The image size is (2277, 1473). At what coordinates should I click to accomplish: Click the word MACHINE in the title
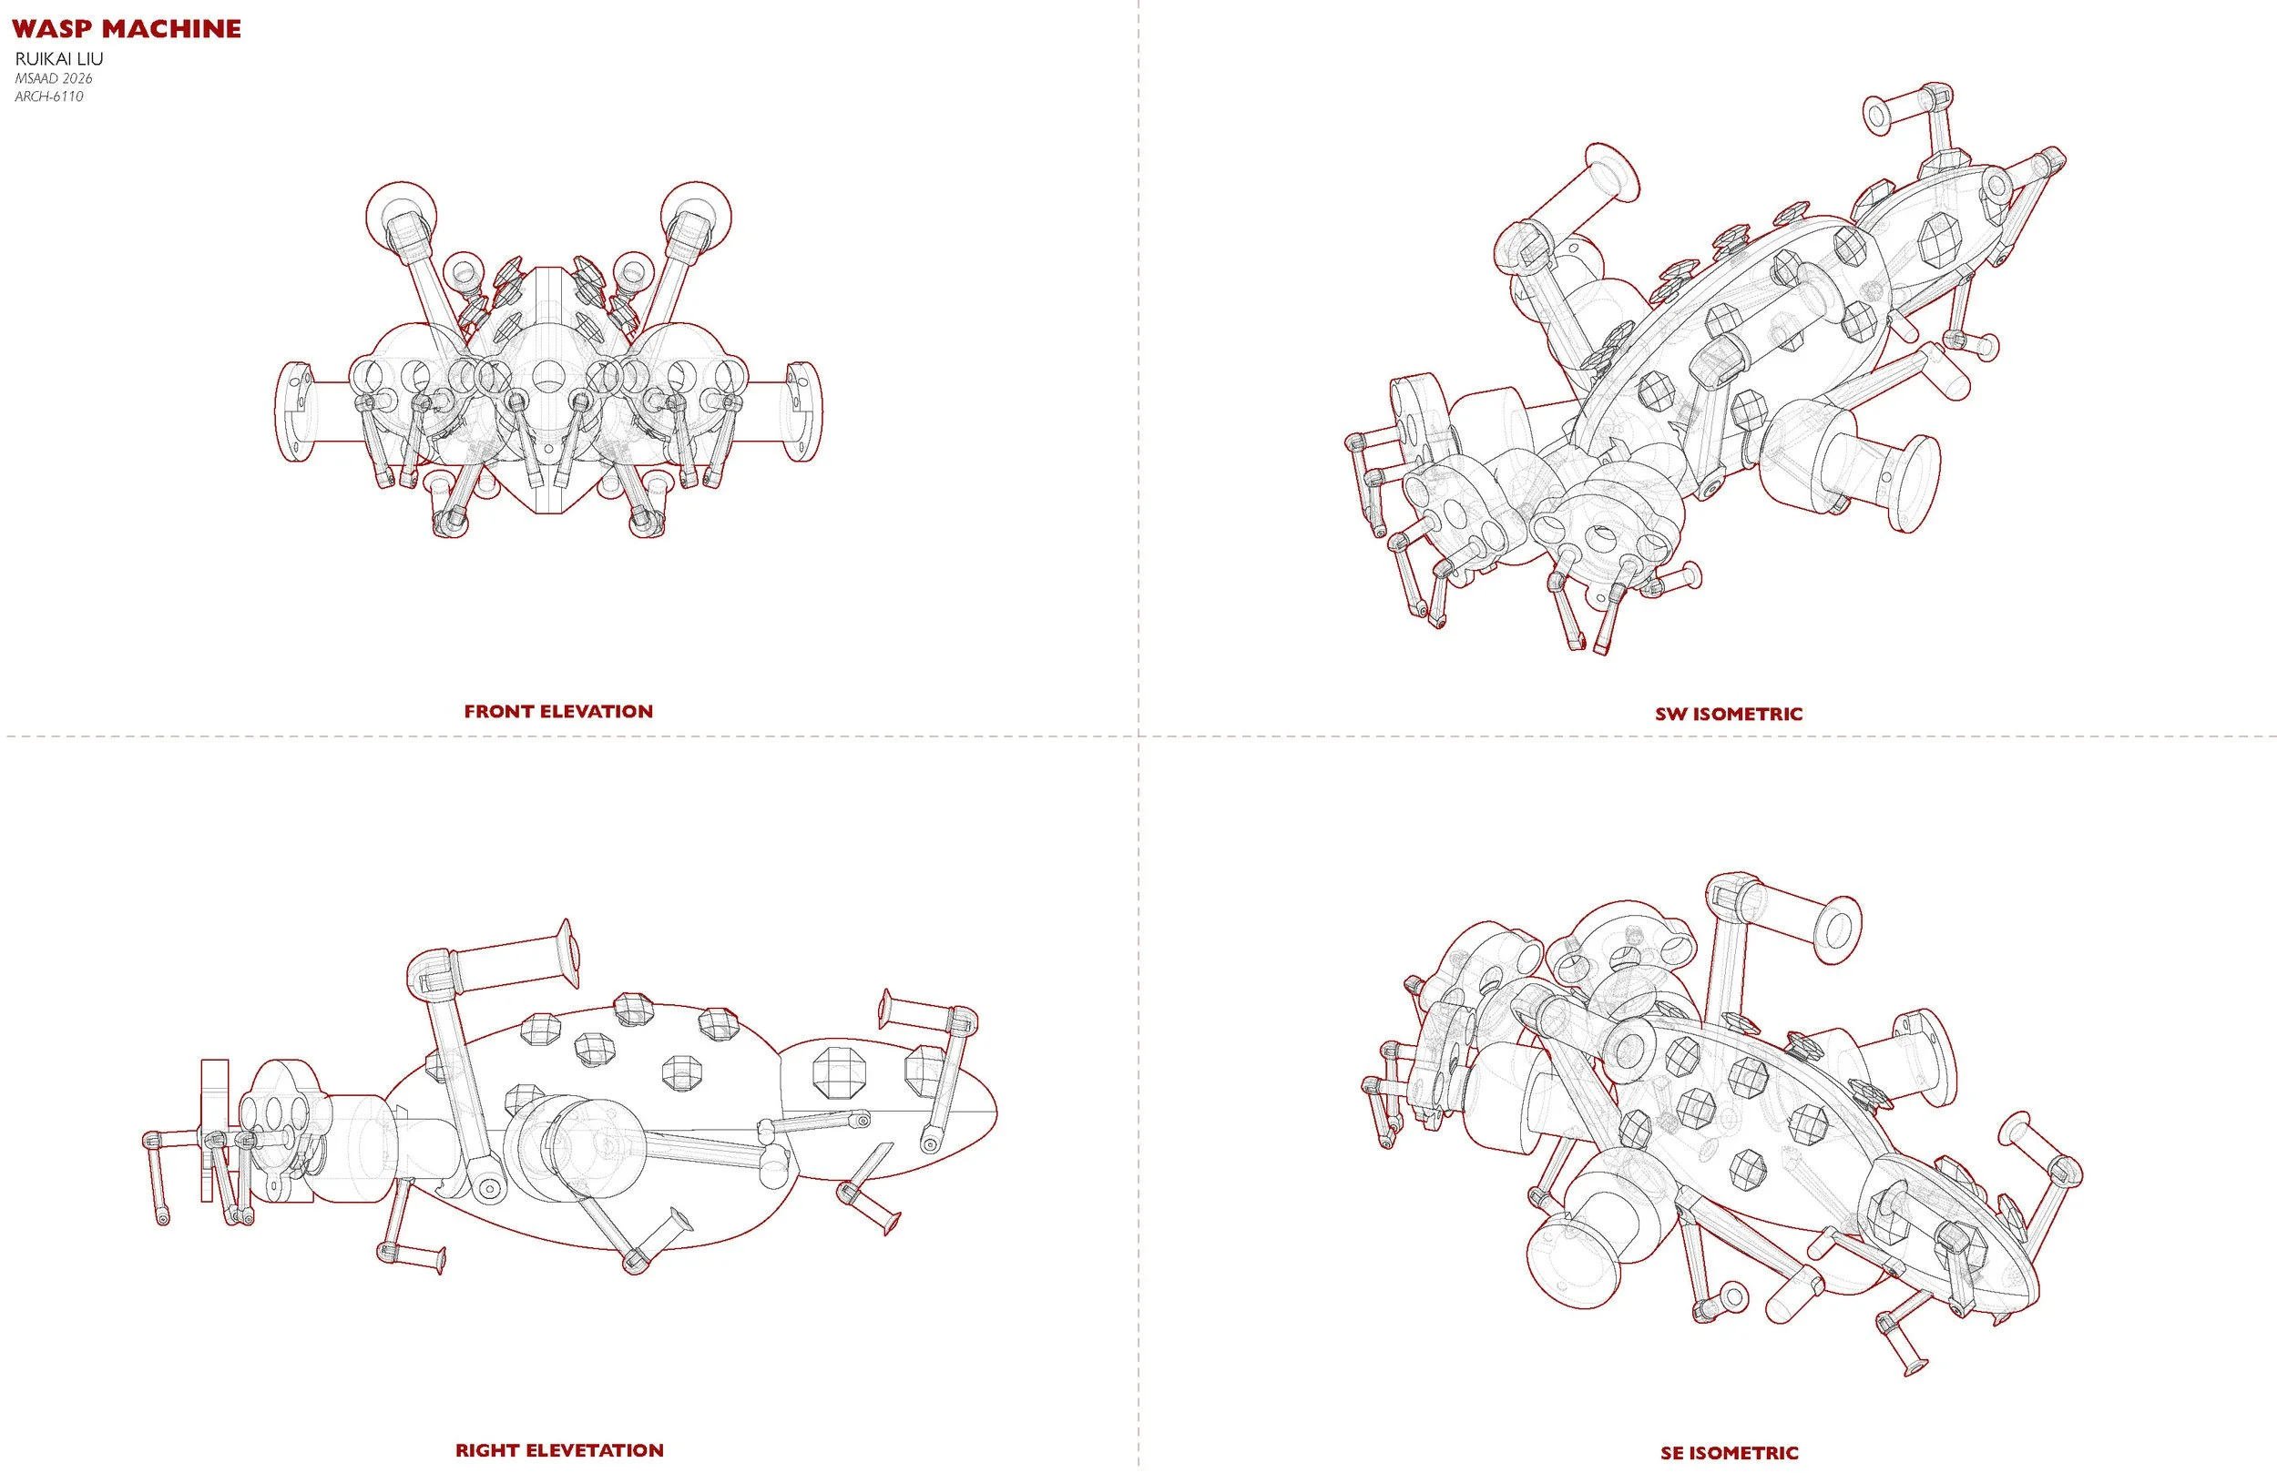coord(171,29)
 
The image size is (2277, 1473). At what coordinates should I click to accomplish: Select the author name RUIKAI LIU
coord(59,59)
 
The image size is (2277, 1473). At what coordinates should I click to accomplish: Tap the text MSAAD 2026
coord(54,78)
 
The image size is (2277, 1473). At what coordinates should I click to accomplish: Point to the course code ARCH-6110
coord(49,97)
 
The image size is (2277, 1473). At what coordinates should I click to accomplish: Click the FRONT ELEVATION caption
coord(558,712)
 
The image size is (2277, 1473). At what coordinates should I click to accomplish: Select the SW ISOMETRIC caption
coord(1729,714)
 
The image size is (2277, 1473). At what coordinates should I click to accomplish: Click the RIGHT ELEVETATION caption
coord(559,1450)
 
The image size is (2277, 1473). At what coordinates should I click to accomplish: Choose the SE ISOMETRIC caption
coord(1730,1453)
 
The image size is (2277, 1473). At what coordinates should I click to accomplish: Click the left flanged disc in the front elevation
coord(293,412)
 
